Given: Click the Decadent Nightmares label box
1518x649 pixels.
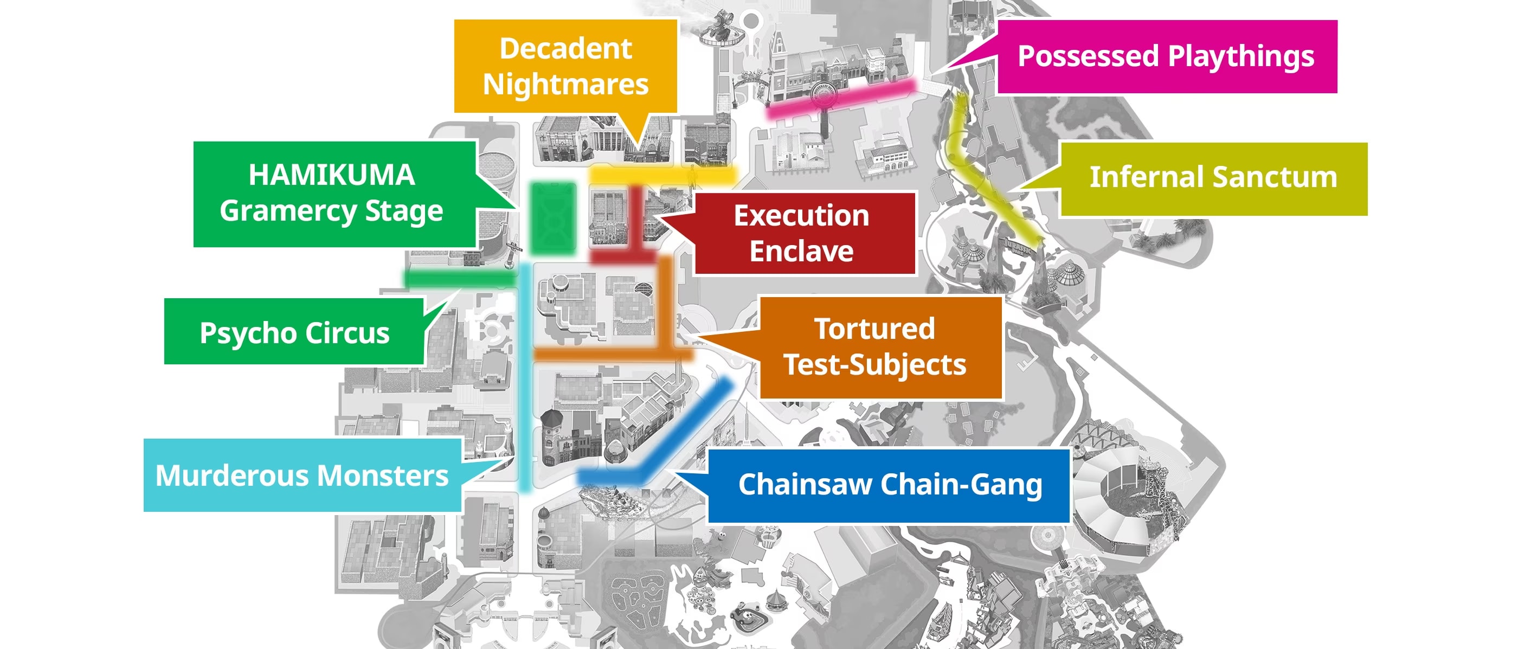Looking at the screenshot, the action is pos(565,66).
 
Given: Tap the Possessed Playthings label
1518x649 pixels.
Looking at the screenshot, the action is pos(1167,56).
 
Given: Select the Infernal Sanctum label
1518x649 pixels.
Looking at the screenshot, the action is pos(1213,178).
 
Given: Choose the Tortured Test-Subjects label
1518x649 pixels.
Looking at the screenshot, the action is pos(880,348).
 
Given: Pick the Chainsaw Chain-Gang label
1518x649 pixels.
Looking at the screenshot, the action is pos(889,486).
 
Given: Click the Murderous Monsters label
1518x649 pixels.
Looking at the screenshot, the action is pos(303,475).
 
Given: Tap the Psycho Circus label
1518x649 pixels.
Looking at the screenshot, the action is pos(294,331).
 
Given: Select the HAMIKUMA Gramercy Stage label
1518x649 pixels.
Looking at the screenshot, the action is pos(334,194).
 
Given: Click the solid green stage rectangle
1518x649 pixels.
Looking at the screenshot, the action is pos(553,218).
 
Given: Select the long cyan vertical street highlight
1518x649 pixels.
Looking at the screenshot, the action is pos(525,377).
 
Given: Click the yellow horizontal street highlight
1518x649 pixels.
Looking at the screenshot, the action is pos(663,175).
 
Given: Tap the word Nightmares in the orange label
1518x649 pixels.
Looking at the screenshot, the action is pos(565,84).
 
